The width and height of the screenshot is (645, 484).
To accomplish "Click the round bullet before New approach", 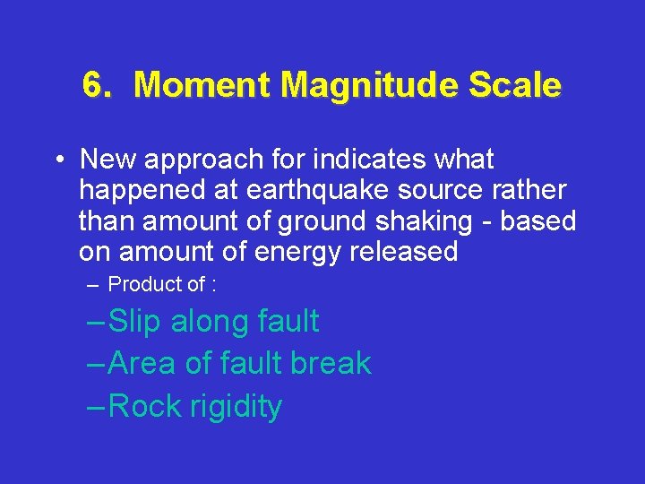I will pyautogui.click(x=56, y=160).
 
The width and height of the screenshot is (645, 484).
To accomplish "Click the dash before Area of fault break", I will pyautogui.click(x=97, y=364).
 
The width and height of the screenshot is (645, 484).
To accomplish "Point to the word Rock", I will pyautogui.click(x=145, y=406).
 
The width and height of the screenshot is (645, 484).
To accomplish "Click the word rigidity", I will pyautogui.click(x=236, y=407).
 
